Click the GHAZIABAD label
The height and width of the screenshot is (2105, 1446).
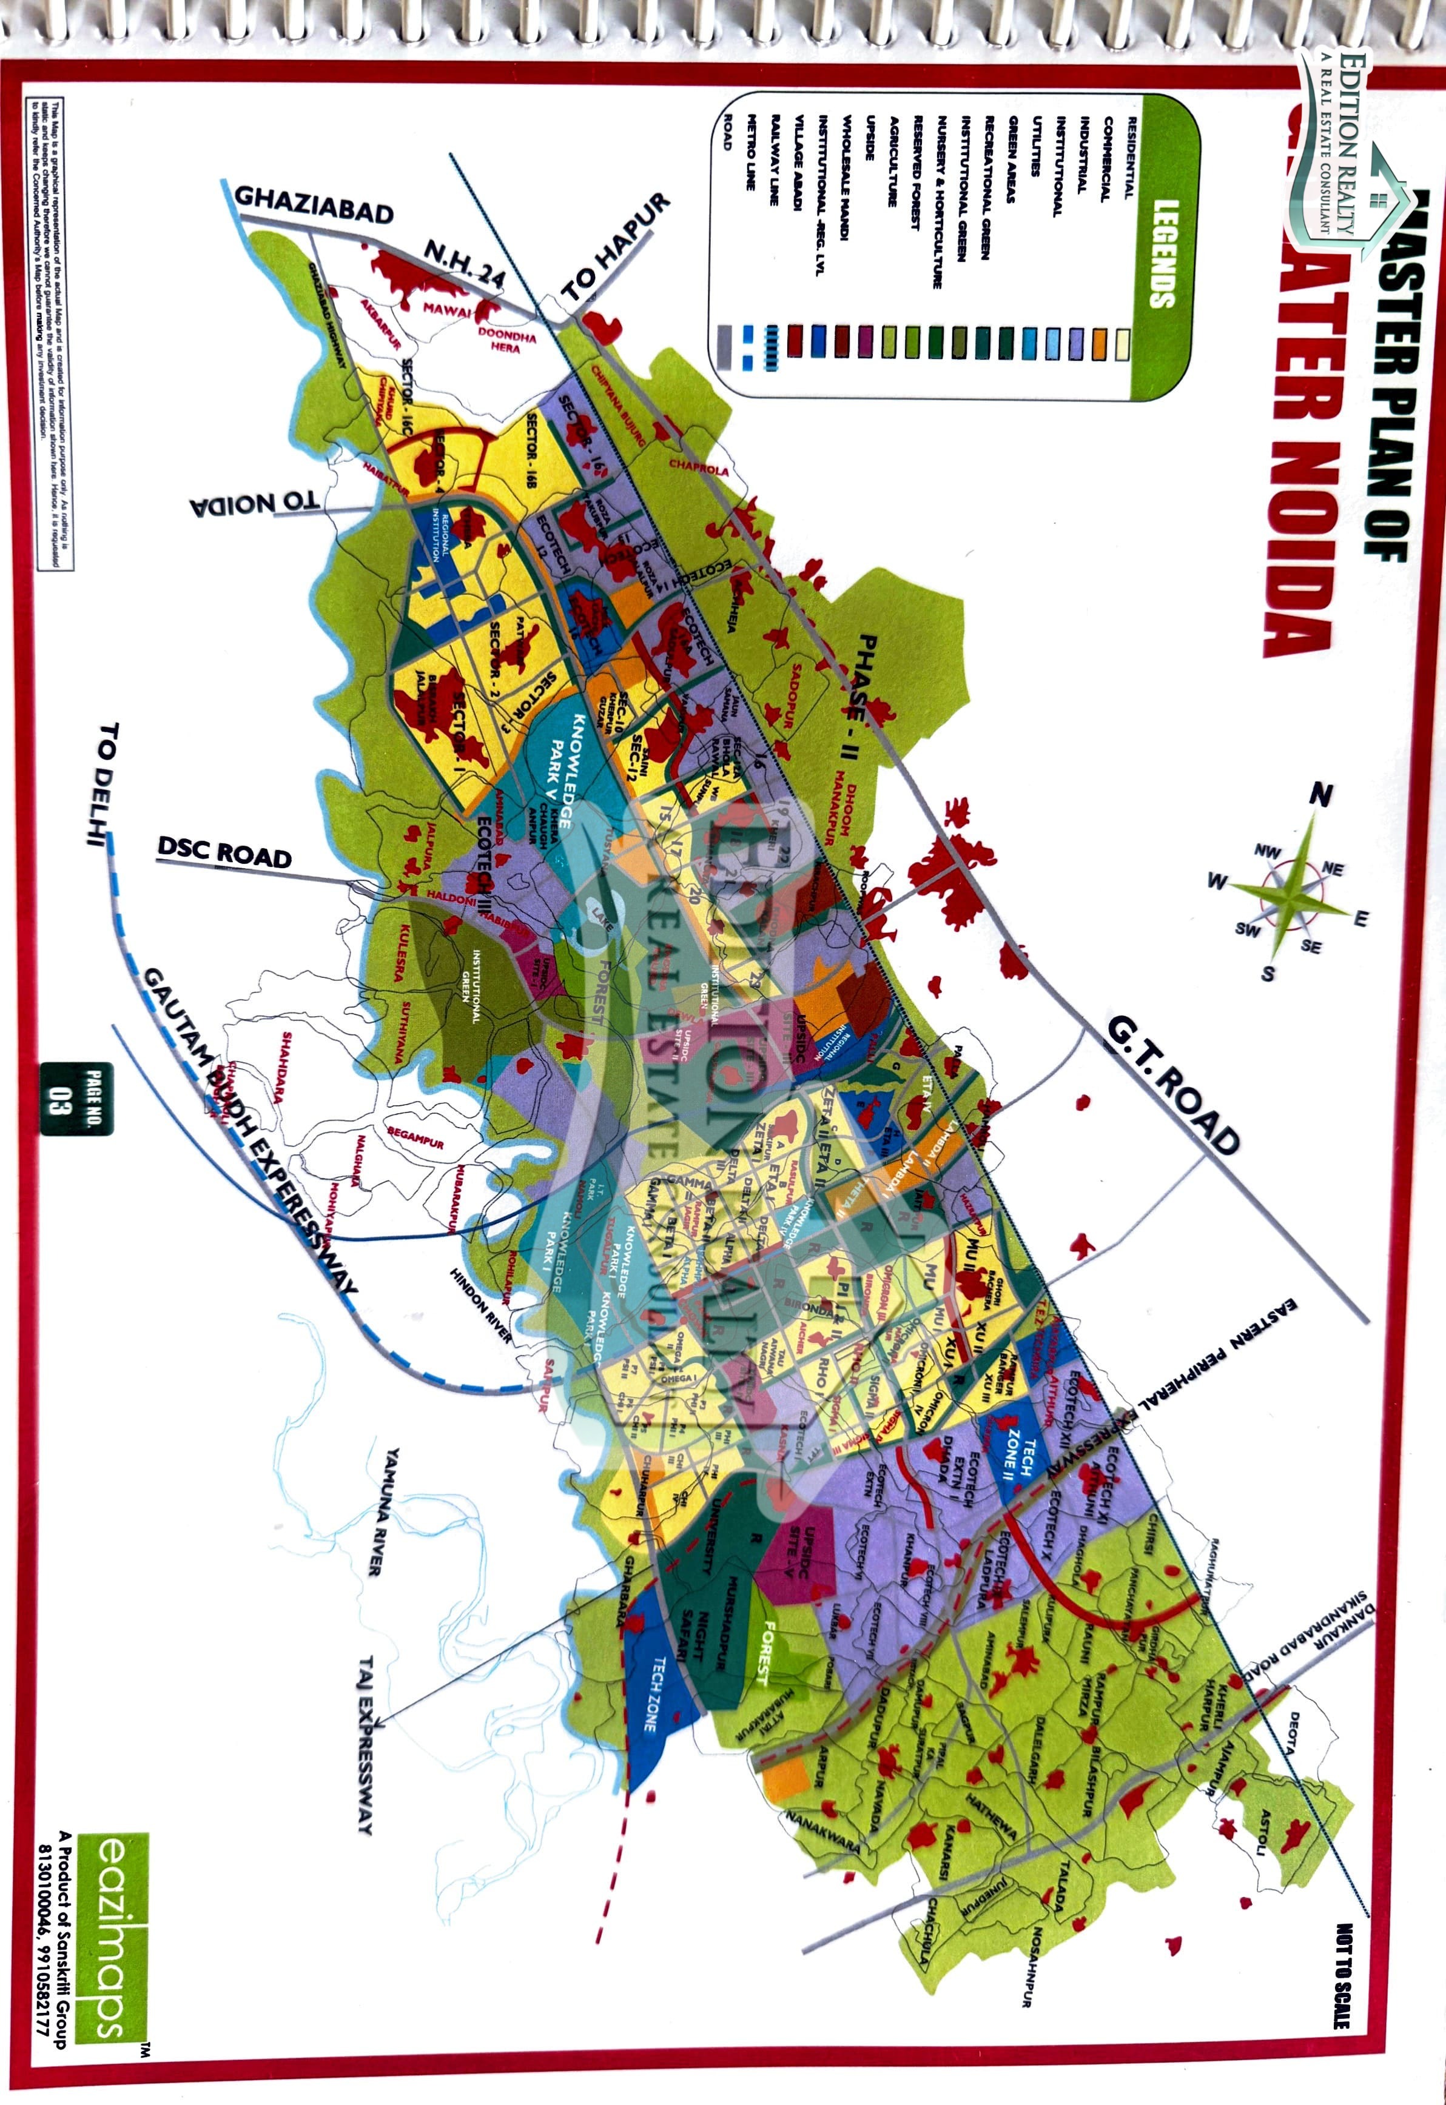tap(314, 206)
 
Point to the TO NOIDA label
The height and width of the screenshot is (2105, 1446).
tap(255, 504)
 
